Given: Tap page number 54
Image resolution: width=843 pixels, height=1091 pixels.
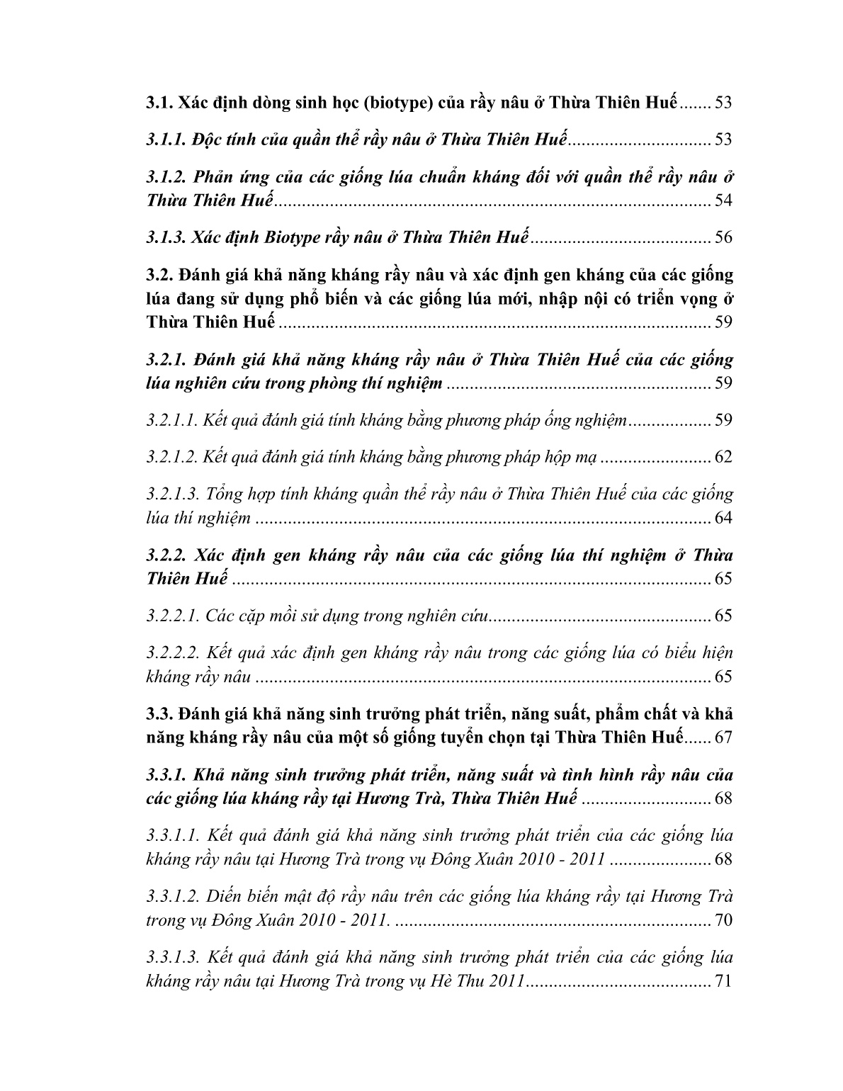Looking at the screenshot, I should tap(723, 200).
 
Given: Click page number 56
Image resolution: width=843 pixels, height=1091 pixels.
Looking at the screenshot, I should tap(723, 237).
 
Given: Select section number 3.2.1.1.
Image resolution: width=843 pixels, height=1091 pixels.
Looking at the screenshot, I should tap(171, 421).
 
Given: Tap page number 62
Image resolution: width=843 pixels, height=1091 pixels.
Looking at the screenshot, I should tap(723, 457).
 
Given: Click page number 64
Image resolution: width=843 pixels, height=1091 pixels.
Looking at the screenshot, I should tap(723, 518).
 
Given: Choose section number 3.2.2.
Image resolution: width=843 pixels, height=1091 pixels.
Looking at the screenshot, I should tap(165, 555).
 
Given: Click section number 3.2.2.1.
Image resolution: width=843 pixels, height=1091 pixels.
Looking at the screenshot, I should tap(171, 616).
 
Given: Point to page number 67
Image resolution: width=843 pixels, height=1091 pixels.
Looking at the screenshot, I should tap(723, 737).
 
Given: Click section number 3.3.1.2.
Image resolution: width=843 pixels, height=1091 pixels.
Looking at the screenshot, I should tap(171, 896).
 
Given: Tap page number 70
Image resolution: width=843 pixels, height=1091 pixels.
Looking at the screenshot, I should tap(723, 921).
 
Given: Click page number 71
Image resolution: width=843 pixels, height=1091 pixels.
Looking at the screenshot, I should tap(723, 982).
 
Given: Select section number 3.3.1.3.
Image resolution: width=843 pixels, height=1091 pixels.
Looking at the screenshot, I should tap(171, 958).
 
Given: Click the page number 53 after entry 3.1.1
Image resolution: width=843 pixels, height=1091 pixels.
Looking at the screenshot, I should tap(723, 140).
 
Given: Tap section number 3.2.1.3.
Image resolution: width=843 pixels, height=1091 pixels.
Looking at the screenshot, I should tap(171, 494).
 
